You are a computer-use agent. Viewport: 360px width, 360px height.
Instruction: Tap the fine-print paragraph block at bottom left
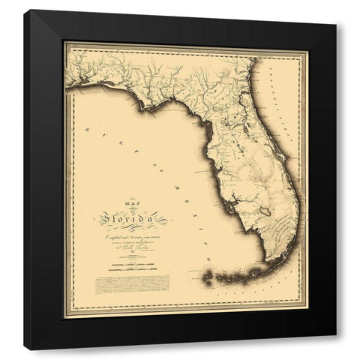pyautogui.click(x=132, y=284)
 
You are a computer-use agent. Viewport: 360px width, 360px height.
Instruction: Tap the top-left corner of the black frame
pyautogui.click(x=25, y=10)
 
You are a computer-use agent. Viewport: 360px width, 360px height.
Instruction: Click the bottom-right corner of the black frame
pyautogui.click(x=335, y=349)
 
